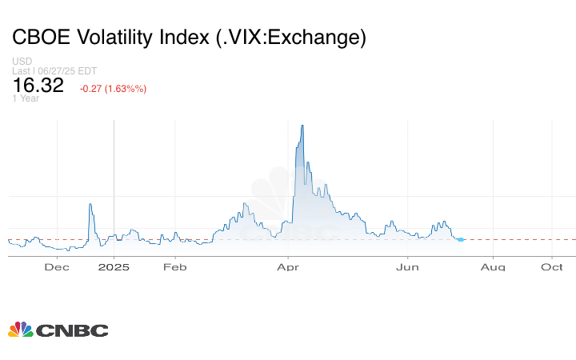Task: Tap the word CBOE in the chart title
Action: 39,37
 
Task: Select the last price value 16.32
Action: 38,85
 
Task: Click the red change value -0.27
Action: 94,88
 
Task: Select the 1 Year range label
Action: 26,98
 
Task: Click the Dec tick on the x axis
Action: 55,267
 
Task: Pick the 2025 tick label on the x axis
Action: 114,267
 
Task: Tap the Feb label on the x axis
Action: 174,267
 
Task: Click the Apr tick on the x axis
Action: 288,267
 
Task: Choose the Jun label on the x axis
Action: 409,267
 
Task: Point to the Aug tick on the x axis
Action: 493,267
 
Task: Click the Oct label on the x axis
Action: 551,267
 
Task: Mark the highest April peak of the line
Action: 302,126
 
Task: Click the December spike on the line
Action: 90,205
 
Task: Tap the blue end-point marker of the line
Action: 461,239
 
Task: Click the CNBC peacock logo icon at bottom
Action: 21,330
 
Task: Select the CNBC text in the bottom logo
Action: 72,330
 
